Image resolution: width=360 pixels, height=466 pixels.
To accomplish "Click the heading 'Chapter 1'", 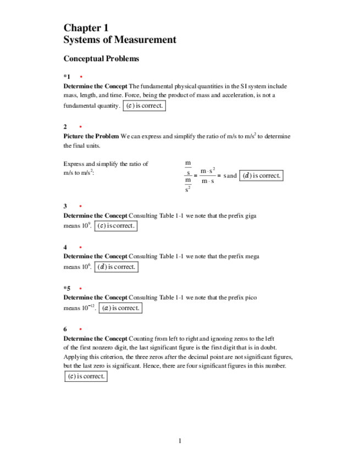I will tap(86, 28).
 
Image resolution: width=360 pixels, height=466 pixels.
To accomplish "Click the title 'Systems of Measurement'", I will tap(120, 40).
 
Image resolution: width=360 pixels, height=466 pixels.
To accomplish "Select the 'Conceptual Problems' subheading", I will tap(101, 58).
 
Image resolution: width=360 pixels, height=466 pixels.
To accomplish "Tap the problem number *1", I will tap(67, 77).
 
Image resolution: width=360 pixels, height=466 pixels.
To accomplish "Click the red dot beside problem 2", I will tap(81, 127).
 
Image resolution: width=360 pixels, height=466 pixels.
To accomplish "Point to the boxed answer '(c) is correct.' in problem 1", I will tap(144, 106).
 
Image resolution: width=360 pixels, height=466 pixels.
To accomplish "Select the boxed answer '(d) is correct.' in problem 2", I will tap(262, 176).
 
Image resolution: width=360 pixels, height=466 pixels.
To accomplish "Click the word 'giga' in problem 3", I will tap(250, 216).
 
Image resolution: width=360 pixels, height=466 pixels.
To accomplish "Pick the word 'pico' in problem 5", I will tap(250, 297).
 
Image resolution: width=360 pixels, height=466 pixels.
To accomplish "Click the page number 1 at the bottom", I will tap(180, 441).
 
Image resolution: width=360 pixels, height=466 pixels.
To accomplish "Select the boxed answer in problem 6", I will tap(85, 376).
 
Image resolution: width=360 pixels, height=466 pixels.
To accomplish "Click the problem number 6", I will tap(65, 329).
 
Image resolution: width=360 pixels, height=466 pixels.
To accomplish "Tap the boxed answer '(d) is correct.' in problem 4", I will tap(116, 267).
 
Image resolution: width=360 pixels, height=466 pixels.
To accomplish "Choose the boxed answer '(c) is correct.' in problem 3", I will tap(115, 226).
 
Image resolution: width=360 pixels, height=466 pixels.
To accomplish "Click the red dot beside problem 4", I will tap(81, 247).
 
